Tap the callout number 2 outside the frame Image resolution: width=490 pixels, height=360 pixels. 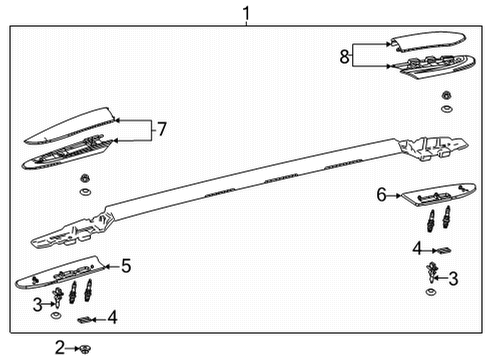60,347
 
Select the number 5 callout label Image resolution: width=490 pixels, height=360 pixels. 126,265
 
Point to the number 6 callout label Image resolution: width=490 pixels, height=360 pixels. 381,194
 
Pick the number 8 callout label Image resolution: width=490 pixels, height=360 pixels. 345,56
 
